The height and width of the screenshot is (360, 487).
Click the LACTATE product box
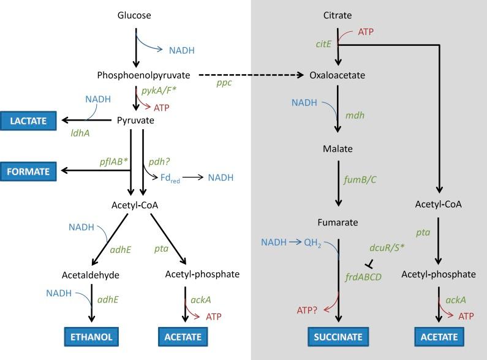tap(28, 121)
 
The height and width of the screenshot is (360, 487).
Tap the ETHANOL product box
tap(92, 336)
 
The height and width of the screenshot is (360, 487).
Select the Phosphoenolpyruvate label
tap(143, 75)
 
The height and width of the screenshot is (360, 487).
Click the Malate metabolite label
tap(338, 149)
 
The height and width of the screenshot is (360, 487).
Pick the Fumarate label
tap(338, 222)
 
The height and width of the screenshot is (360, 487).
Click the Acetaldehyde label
tap(90, 274)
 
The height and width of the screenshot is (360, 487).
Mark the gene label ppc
tap(224, 83)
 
